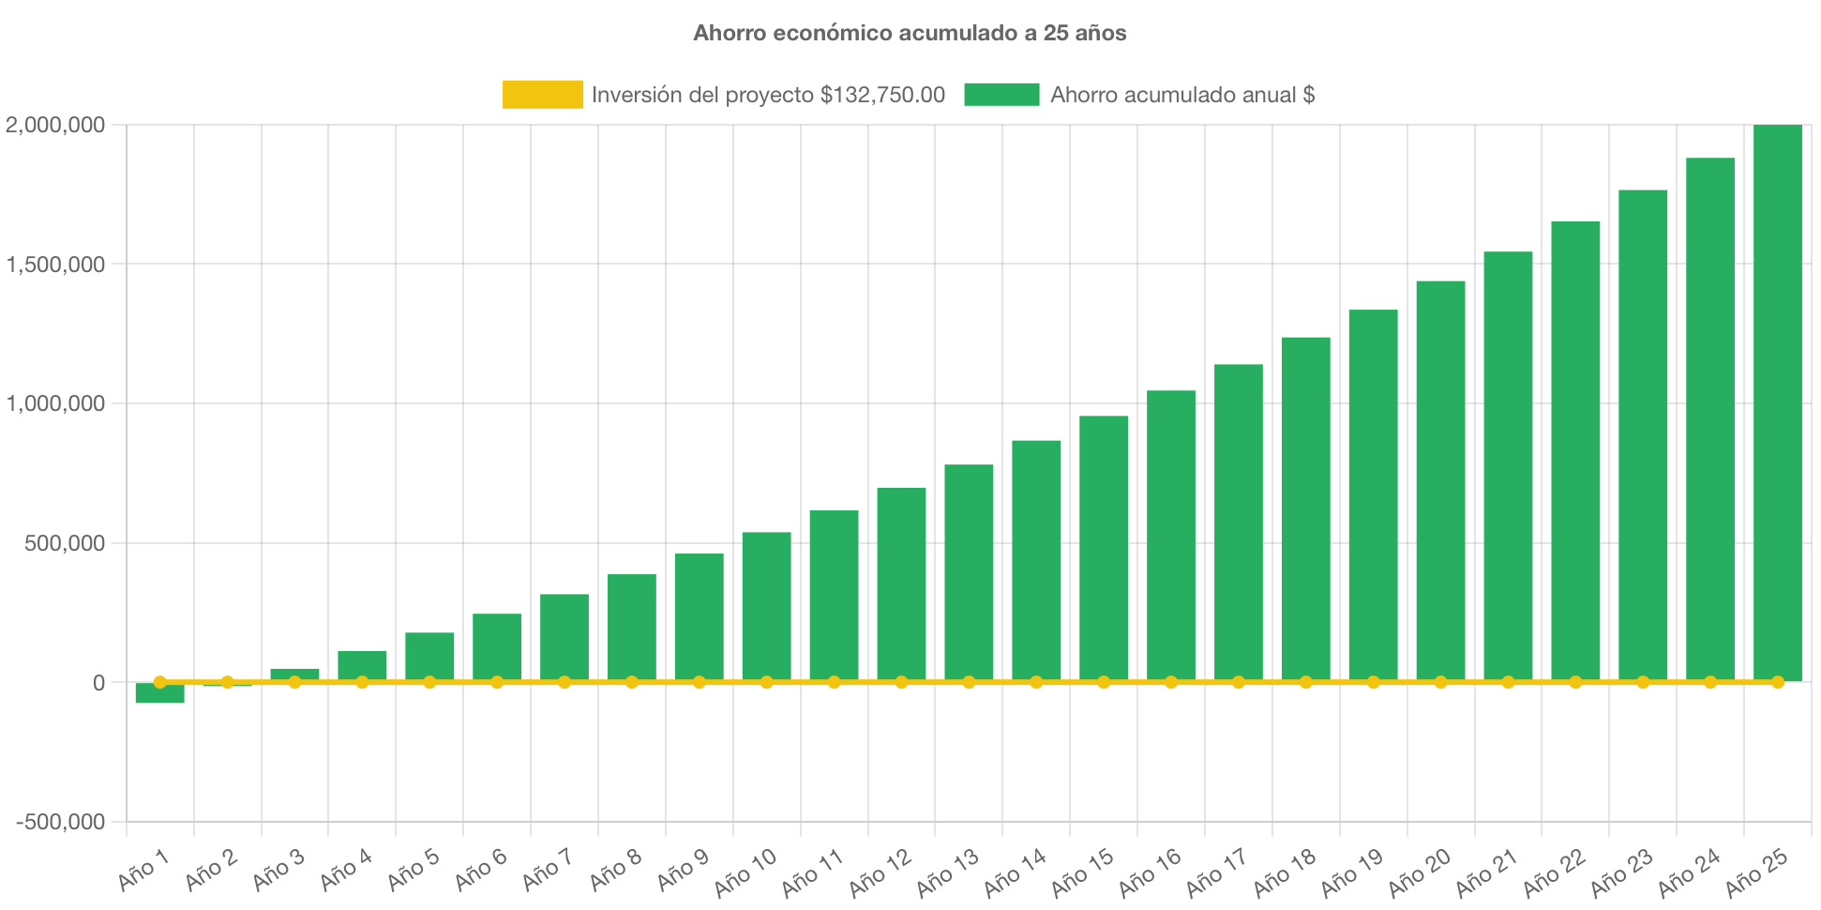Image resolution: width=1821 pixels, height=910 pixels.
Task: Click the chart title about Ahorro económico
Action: click(910, 33)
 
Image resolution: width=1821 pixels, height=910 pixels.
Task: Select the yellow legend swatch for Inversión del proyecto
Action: click(542, 94)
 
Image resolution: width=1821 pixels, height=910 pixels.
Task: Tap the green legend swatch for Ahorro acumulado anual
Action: click(1001, 94)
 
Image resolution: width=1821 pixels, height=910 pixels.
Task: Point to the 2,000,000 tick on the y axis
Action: click(55, 125)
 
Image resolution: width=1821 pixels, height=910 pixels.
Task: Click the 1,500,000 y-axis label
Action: click(55, 265)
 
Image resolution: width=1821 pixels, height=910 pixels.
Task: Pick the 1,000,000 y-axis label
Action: click(55, 403)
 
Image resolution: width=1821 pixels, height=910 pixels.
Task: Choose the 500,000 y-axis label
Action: click(65, 543)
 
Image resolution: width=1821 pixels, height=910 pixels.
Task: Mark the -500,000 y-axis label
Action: click(60, 822)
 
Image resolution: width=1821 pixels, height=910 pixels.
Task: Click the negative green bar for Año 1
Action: click(159, 694)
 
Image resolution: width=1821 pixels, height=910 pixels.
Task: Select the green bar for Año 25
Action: click(1777, 403)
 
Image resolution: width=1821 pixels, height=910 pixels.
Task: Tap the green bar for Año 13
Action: click(969, 572)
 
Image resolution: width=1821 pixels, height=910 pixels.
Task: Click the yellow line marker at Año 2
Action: click(227, 682)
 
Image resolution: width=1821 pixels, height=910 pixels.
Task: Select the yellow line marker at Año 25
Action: click(1777, 682)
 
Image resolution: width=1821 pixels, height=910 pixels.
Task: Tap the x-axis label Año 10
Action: click(745, 872)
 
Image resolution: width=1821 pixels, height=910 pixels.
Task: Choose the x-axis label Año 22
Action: click(1554, 872)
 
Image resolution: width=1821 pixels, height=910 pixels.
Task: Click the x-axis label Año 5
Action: click(414, 870)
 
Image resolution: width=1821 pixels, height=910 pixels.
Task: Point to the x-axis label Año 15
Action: click(1082, 872)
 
